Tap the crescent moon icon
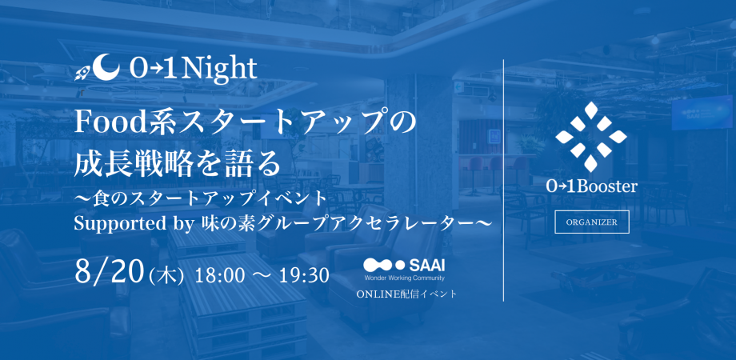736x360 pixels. pos(107,67)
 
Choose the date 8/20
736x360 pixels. pos(107,274)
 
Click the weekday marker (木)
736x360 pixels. pos(166,275)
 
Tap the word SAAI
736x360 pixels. pos(428,264)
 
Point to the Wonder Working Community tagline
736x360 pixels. pos(404,278)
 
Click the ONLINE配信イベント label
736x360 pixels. pos(406,294)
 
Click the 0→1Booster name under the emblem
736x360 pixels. pos(592,185)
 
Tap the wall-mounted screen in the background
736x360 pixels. pos(701,112)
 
